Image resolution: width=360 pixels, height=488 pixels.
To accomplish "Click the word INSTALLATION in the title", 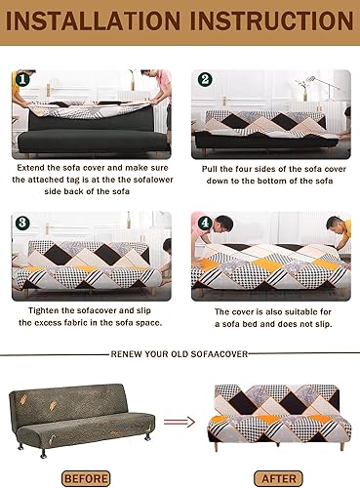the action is coord(93,20).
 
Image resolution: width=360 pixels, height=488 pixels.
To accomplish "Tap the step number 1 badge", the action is coord(22,79).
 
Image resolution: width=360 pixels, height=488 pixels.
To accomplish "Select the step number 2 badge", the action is coord(205,79).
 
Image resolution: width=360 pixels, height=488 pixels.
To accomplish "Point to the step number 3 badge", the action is coord(22,223).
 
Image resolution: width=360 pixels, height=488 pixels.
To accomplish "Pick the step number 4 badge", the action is coord(205,223).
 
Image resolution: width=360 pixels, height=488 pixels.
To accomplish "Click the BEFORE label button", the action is coord(86,478).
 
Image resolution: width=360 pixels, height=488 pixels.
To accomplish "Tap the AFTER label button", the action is coord(278,478).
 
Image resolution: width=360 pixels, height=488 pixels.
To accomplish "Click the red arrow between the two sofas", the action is coord(180,422).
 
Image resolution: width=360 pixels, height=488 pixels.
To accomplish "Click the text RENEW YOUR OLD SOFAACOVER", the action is coord(180,354).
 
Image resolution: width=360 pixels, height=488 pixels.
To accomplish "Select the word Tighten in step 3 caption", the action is coord(44,310).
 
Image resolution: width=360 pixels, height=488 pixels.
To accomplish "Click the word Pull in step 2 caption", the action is coord(210,169).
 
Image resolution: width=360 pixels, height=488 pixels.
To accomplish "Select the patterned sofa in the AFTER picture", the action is coord(279,417).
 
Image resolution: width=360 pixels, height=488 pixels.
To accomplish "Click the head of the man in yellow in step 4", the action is coord(334,226).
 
